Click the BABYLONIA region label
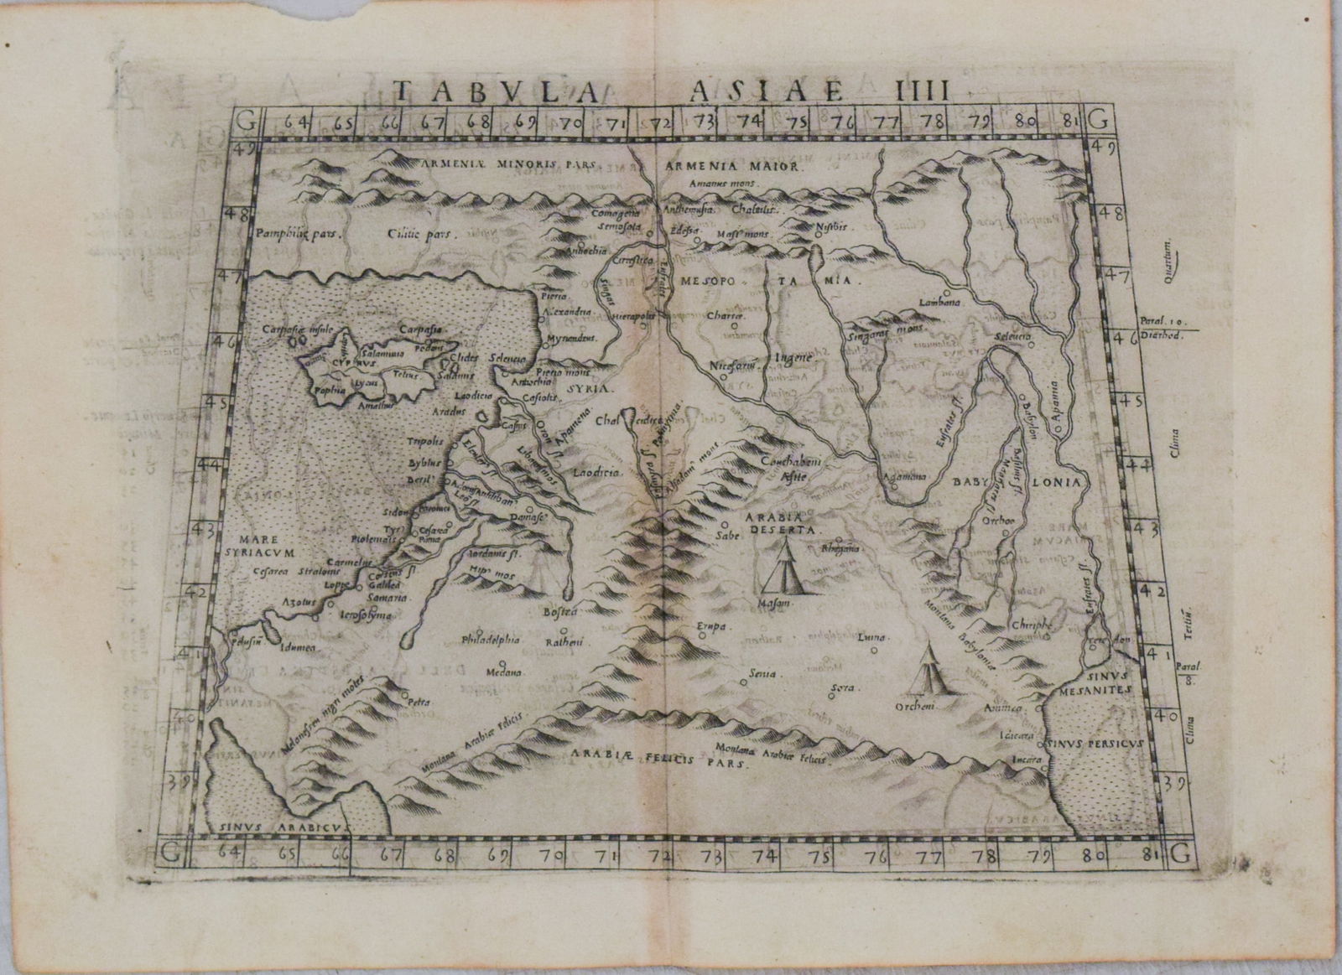(1018, 484)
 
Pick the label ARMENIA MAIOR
(734, 167)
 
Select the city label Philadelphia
(492, 640)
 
